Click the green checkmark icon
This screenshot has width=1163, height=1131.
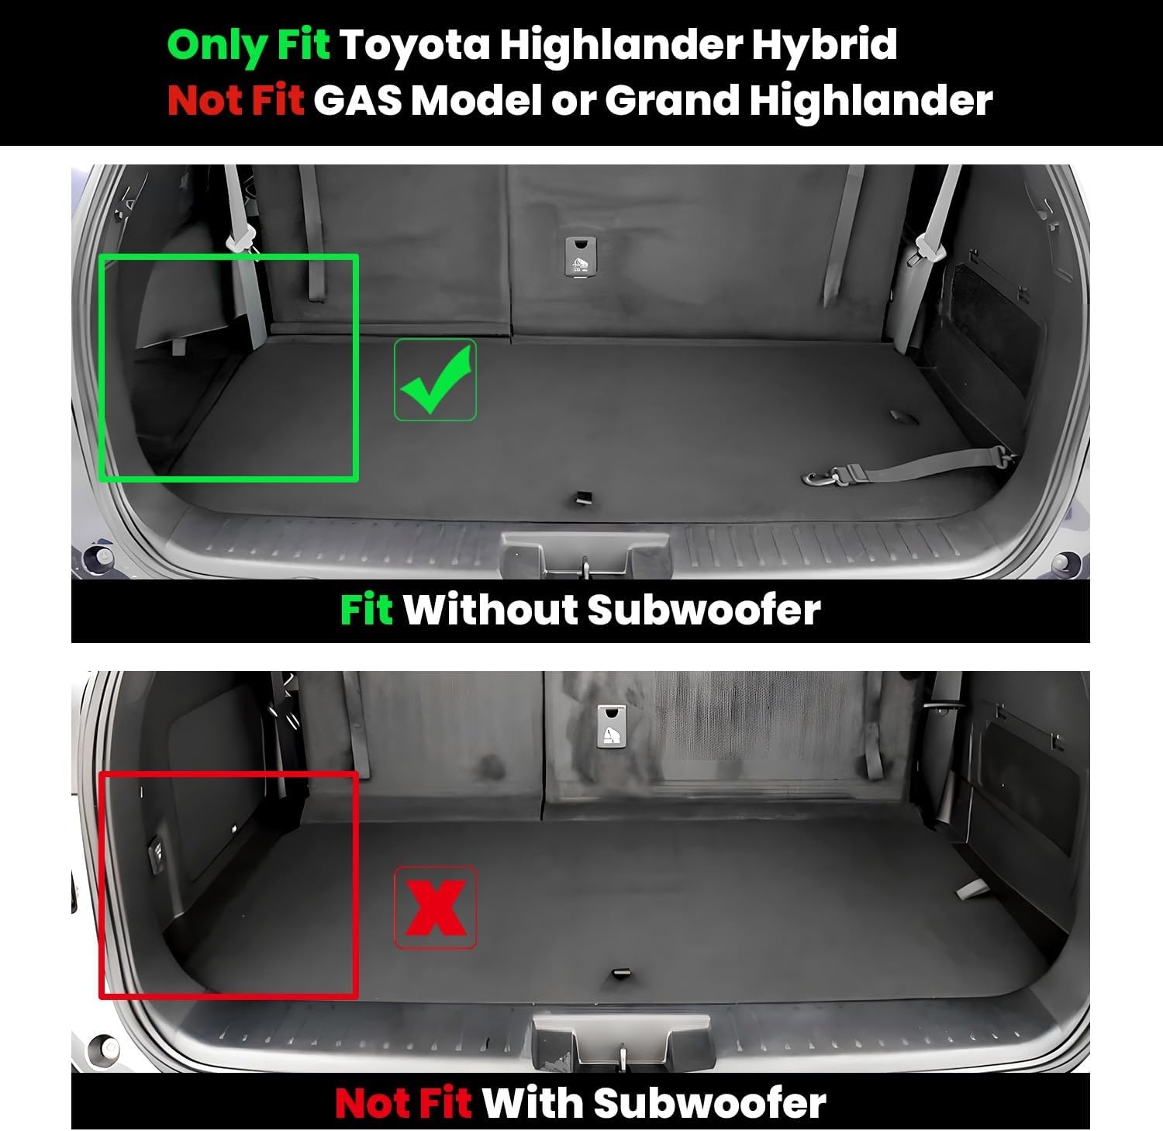[x=435, y=380]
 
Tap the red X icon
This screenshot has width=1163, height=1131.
[x=435, y=908]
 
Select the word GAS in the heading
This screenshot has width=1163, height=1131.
[x=357, y=100]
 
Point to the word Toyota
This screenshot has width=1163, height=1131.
[x=415, y=45]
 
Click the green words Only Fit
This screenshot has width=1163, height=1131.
[x=249, y=45]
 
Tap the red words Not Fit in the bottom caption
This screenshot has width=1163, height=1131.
[x=403, y=1102]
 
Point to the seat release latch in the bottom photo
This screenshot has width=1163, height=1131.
[x=612, y=727]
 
